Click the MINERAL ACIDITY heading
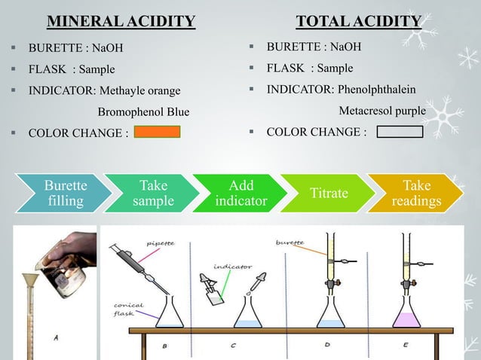[x=121, y=20]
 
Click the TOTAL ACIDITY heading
[x=358, y=20]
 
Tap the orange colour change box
[x=157, y=133]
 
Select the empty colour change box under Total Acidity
[x=399, y=133]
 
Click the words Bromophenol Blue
[x=144, y=112]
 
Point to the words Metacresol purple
[x=382, y=111]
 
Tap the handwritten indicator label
[x=232, y=266]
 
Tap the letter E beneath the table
[x=406, y=346]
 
